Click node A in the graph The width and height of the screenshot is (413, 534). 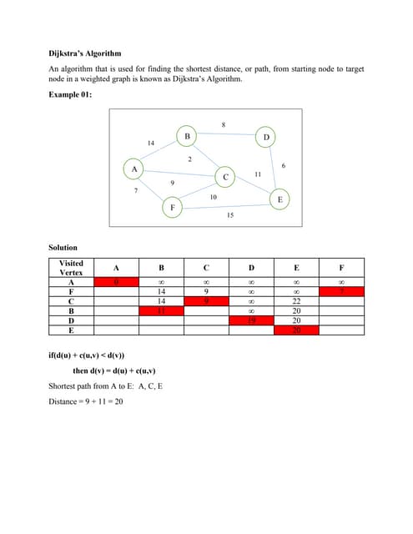tap(133, 169)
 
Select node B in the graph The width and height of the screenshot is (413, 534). tap(188, 135)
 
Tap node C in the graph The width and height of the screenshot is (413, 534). tap(225, 177)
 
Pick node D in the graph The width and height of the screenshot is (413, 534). tap(266, 136)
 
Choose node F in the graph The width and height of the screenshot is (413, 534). tap(173, 205)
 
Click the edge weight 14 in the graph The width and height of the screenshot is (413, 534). tap(150, 144)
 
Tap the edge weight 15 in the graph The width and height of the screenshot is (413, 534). tap(230, 215)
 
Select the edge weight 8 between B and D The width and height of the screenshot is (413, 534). tap(224, 125)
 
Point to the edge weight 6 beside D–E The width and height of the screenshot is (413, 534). tap(285, 167)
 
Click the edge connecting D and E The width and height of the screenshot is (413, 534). tap(273, 167)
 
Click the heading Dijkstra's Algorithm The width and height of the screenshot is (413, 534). tap(87, 52)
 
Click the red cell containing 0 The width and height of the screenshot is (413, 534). tap(116, 284)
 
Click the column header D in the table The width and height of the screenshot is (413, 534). tap(251, 268)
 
